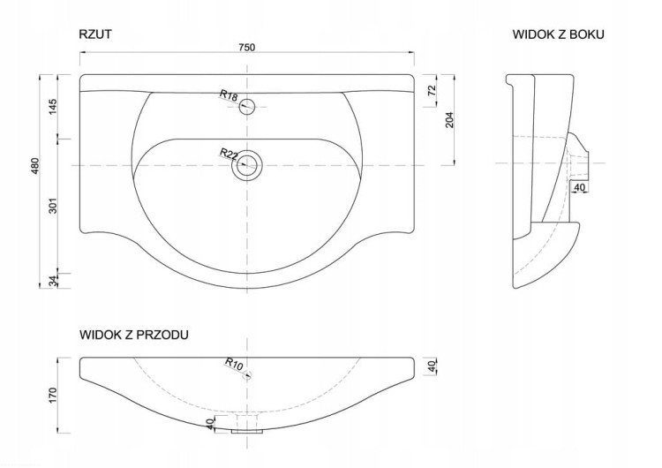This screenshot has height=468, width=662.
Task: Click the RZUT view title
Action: point(95,34)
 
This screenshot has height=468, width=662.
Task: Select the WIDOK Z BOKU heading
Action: point(558,34)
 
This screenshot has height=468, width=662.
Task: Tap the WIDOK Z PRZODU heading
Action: point(134,335)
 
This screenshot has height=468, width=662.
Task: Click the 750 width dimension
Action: point(247,48)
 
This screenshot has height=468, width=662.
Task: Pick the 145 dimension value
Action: point(52,107)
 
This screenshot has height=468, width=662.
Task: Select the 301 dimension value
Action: point(52,205)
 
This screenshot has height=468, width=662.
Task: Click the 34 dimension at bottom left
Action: point(52,281)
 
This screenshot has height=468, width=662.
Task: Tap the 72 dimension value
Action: point(432,90)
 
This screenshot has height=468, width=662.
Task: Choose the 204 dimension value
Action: point(449,120)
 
